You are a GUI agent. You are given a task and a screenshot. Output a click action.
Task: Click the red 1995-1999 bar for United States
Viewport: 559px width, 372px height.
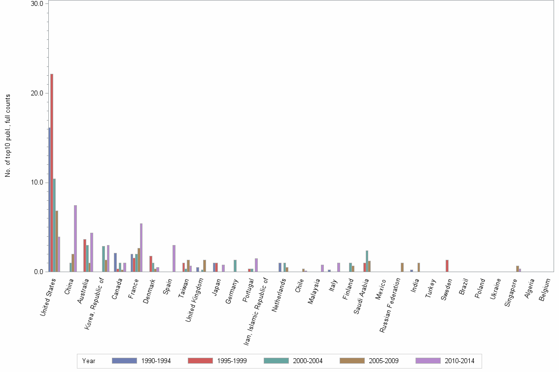coord(52,172)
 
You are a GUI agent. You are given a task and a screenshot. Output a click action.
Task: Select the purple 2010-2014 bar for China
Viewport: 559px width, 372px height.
coord(75,238)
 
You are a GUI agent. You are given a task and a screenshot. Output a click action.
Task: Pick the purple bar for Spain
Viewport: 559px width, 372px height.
coord(174,258)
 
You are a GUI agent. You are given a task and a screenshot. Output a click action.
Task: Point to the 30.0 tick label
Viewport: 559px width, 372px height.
coord(37,3)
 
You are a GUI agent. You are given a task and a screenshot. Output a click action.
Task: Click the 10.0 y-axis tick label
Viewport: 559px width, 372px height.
coord(37,183)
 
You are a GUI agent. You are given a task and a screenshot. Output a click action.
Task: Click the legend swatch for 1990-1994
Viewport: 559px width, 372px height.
coord(124,361)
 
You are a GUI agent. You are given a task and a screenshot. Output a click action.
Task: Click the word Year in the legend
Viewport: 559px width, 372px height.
coord(89,361)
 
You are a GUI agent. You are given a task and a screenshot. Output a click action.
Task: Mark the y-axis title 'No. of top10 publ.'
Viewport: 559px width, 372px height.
coord(8,135)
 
